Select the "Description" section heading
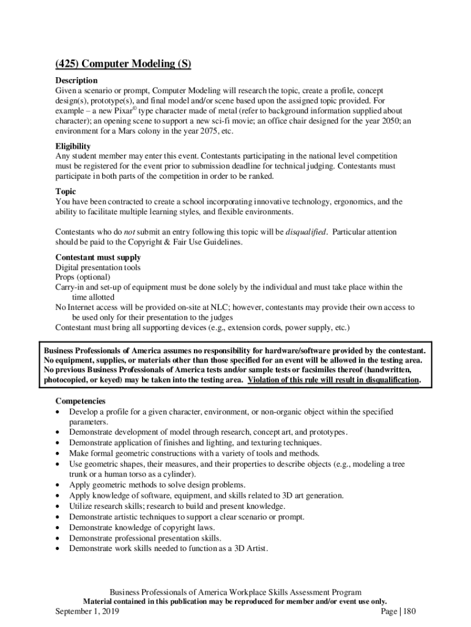click(76, 80)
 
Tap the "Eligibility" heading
click(73, 146)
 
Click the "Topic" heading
click(65, 192)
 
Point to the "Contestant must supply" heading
click(98, 257)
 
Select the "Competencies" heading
click(80, 400)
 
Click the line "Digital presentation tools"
click(98, 268)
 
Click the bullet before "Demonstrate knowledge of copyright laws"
click(58, 527)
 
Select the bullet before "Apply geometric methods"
click(58, 486)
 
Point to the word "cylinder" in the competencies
click(179, 474)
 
